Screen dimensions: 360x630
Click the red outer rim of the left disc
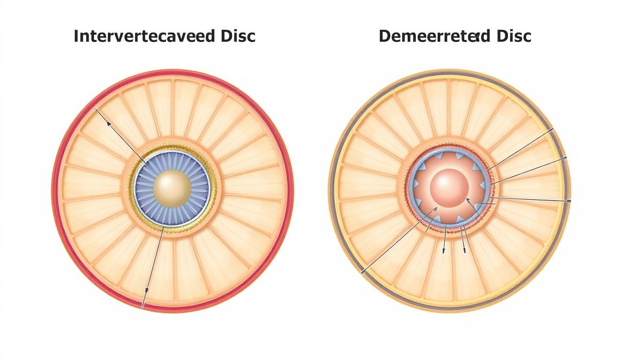55,187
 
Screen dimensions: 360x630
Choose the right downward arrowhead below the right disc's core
464,249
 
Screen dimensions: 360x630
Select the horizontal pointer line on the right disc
530,200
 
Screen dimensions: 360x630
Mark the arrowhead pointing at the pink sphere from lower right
468,200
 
